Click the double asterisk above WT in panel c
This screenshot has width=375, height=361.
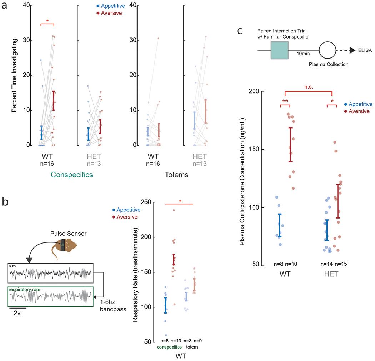coord(285,101)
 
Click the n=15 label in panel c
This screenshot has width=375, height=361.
coord(341,264)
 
